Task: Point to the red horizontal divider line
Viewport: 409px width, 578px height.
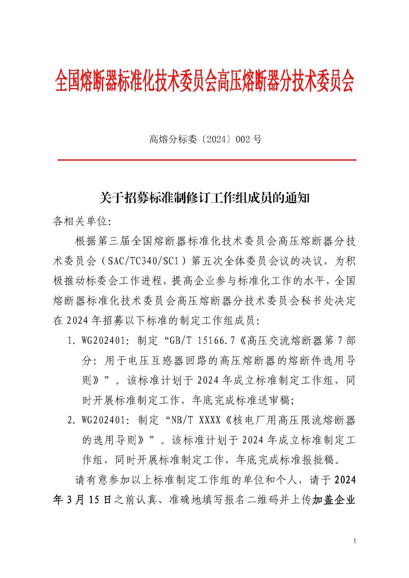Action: coord(206,160)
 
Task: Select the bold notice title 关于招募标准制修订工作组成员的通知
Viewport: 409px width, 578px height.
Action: coord(204,198)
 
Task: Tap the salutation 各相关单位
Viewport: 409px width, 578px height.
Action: coord(77,221)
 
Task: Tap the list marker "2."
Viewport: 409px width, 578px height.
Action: coord(72,420)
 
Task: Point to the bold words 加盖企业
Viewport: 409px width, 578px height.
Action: coord(334,500)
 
